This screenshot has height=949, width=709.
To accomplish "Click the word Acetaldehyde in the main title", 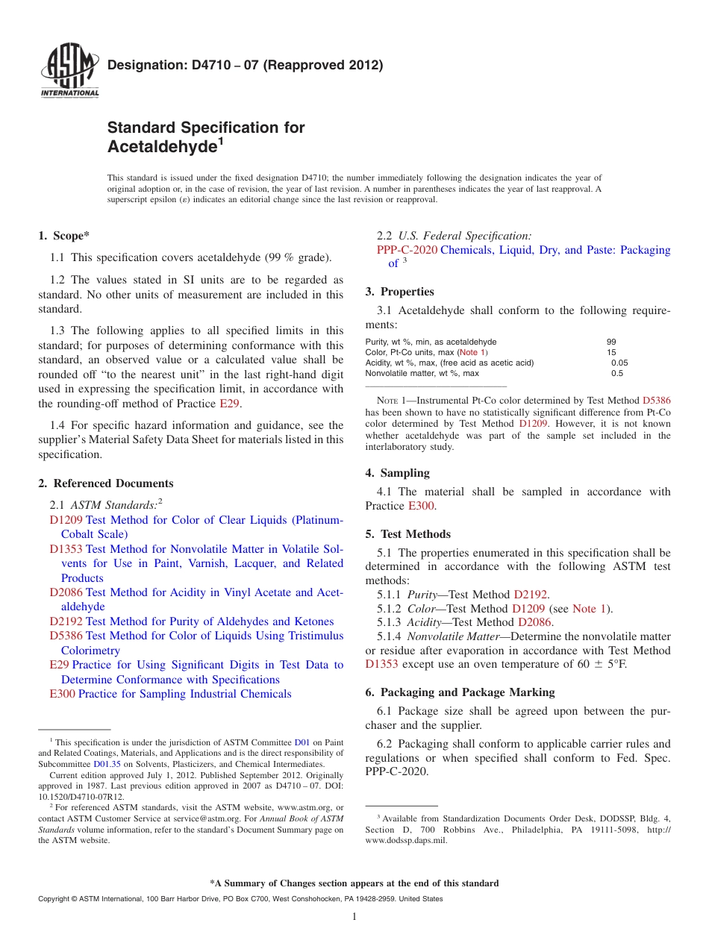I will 161,147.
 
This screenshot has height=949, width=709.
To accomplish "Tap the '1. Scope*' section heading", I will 63,237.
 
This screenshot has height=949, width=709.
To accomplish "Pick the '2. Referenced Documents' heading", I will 105,483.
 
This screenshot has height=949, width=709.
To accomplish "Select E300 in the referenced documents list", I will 63,694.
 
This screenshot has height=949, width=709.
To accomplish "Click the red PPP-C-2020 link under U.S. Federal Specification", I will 407,250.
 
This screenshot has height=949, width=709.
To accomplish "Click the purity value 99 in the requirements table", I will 611,342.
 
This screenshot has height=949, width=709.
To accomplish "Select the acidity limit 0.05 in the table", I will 619,363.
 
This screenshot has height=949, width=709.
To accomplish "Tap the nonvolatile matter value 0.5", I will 616,373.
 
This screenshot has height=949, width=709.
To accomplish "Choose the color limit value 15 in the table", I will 611,352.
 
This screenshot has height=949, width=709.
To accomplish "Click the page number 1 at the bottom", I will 354,917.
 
